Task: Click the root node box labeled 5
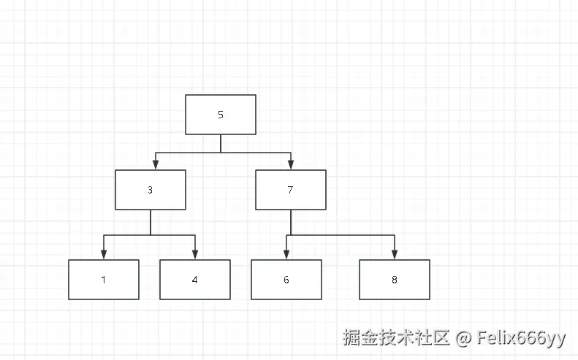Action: (x=221, y=115)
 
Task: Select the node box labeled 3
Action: (x=151, y=190)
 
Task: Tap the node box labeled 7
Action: (x=291, y=190)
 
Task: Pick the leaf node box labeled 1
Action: (x=104, y=280)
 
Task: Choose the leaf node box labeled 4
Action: (x=195, y=280)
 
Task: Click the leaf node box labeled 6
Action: (x=286, y=280)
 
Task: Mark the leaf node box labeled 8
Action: (x=395, y=280)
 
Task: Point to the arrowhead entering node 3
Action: (x=156, y=165)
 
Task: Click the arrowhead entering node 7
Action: (x=291, y=165)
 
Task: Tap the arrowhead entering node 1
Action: (x=104, y=255)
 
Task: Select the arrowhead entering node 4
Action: (x=195, y=255)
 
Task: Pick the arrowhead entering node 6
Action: (x=286, y=255)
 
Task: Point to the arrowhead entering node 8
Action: (x=395, y=255)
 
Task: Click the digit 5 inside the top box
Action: (x=221, y=115)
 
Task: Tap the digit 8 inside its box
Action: (x=395, y=280)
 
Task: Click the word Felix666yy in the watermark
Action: (x=521, y=338)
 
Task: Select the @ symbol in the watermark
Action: (x=463, y=338)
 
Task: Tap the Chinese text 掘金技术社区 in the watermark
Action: (x=397, y=338)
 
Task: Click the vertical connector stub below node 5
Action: (x=221, y=144)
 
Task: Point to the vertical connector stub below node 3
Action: (x=151, y=222)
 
